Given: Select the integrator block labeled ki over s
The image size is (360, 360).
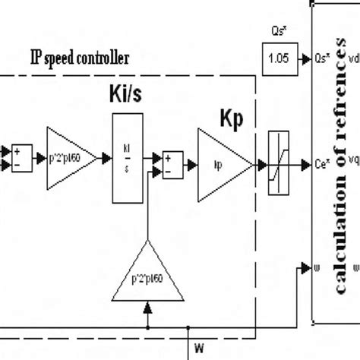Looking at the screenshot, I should click(127, 158).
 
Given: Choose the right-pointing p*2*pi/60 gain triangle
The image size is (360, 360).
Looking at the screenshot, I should click(71, 158).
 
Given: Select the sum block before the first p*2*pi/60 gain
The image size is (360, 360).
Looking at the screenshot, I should click(21, 158).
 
